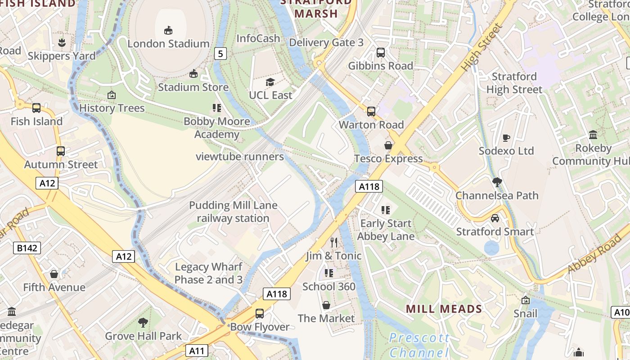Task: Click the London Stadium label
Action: (x=168, y=44)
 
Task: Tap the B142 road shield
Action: (x=27, y=247)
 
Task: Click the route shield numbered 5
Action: (x=220, y=54)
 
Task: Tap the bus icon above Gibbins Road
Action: (x=381, y=53)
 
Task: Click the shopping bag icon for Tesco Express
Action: (x=388, y=145)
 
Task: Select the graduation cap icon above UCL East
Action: (x=270, y=82)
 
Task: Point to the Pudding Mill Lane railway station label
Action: (x=233, y=212)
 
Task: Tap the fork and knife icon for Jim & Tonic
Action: (x=334, y=243)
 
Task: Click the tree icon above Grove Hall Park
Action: (x=143, y=323)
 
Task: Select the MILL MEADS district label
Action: (x=444, y=309)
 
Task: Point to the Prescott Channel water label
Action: (x=419, y=345)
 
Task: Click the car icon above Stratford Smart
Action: (x=495, y=218)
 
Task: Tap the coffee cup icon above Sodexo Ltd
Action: (x=506, y=138)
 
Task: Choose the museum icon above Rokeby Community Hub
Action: (x=593, y=135)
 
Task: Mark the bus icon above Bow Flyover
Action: (x=260, y=314)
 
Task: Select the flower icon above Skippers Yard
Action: (x=62, y=43)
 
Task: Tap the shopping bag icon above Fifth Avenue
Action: (x=54, y=274)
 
